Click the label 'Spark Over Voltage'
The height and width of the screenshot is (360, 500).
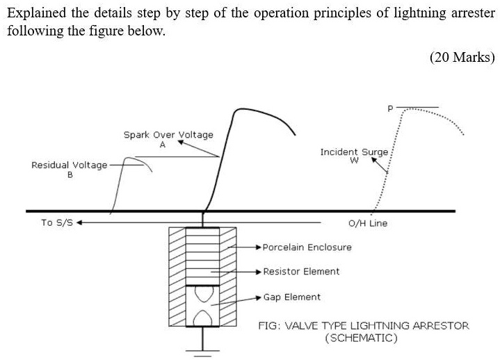point(168,135)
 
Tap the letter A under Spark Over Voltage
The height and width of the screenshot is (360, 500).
point(162,145)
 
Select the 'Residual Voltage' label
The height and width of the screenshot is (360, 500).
point(70,165)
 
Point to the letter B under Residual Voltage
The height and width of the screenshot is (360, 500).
point(69,175)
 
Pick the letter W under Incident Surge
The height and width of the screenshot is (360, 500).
point(354,161)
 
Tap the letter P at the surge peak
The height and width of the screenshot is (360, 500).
point(390,108)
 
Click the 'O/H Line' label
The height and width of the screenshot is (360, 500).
point(367,223)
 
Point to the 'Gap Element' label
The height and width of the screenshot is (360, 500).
point(292,297)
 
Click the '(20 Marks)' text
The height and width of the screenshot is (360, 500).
point(461,57)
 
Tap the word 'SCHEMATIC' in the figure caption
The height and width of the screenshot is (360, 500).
point(361,338)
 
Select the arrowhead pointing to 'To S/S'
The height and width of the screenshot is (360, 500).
point(79,223)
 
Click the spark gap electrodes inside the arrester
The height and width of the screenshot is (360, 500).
point(202,306)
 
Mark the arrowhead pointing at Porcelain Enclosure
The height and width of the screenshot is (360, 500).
point(258,247)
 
